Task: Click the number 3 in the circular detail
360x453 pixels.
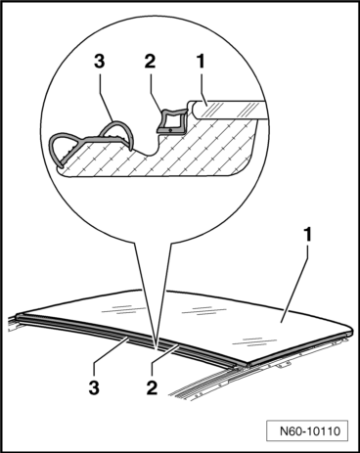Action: [100, 62]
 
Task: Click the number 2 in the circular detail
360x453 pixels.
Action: [150, 62]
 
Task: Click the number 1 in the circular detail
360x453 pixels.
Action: [201, 62]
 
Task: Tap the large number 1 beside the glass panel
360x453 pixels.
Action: [307, 235]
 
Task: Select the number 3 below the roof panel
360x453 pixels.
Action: [94, 387]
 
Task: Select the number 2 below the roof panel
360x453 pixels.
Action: [152, 387]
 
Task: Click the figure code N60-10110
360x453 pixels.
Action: [310, 431]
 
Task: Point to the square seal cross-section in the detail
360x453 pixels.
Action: [172, 121]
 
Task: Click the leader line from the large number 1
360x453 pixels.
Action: [294, 283]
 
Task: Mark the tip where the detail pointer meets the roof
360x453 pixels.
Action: [157, 350]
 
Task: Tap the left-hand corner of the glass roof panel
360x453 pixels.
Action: [18, 315]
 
